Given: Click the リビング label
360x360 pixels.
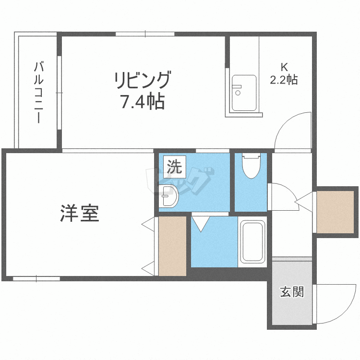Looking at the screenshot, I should [142, 80].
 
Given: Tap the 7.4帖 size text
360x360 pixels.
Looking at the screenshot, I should [142, 102].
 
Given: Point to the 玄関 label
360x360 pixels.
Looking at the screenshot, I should [292, 292].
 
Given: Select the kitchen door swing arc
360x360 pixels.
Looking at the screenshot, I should [291, 129].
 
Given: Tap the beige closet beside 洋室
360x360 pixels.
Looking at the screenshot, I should [172, 246].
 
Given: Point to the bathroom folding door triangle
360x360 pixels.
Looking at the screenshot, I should [200, 222].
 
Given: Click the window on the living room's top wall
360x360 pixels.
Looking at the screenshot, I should [145, 34].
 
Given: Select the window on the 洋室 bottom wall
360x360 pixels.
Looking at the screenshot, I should [36, 278].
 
